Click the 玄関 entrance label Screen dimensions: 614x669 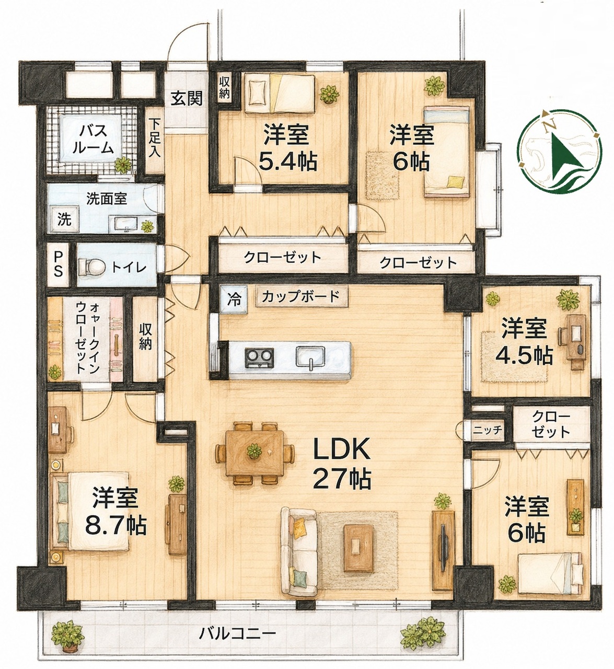pyautogui.click(x=187, y=98)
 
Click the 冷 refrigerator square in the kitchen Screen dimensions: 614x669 pyautogui.click(x=234, y=299)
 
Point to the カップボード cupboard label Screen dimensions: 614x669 pyautogui.click(x=302, y=296)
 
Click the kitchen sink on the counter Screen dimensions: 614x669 pyautogui.click(x=310, y=358)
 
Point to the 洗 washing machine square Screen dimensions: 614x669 pyautogui.click(x=64, y=220)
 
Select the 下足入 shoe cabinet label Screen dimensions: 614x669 pyautogui.click(x=155, y=139)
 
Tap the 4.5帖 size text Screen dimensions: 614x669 pyautogui.click(x=524, y=355)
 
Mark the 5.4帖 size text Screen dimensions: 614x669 pyautogui.click(x=287, y=163)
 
